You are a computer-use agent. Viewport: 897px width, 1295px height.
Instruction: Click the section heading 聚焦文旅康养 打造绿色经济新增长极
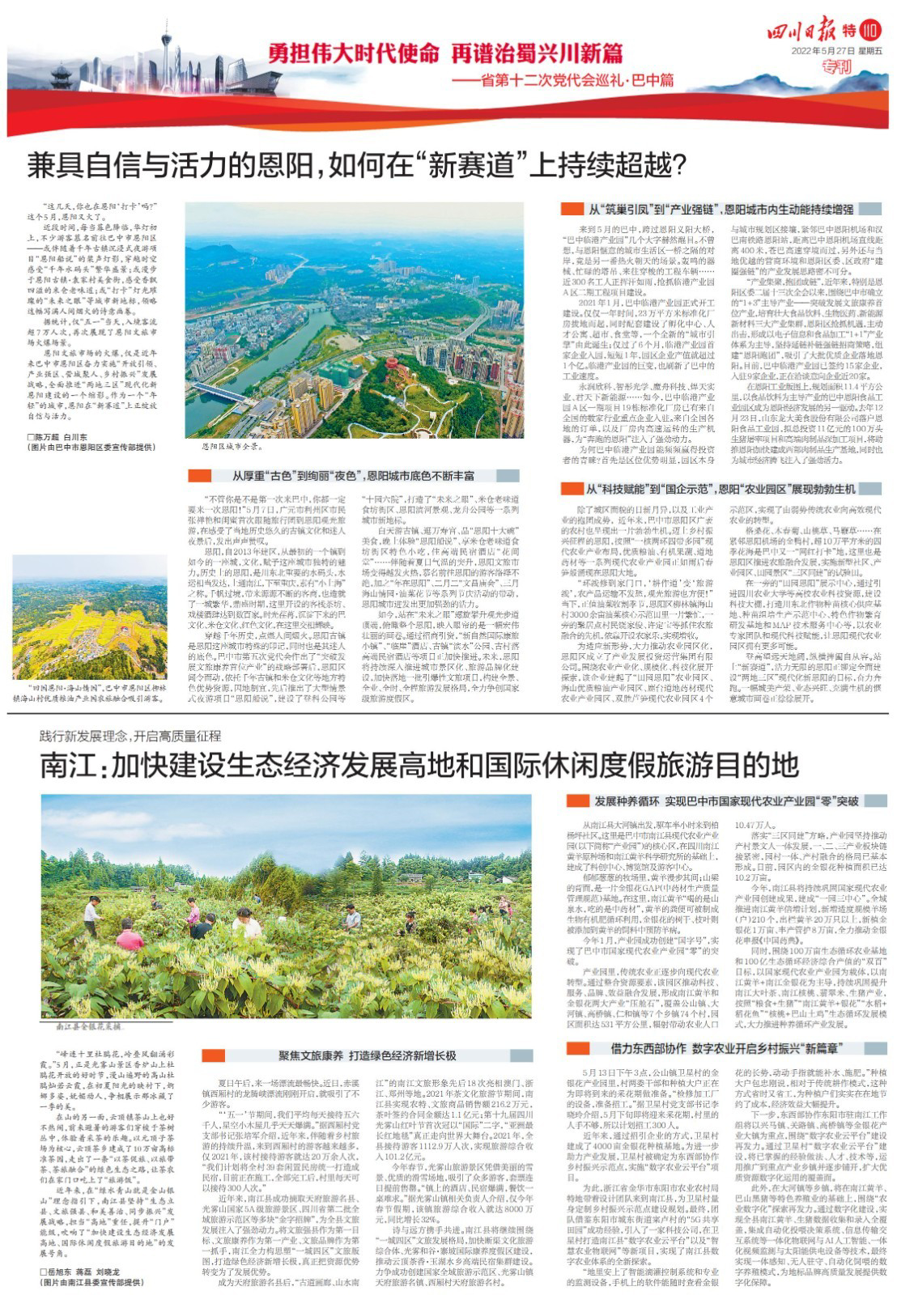coord(368,1055)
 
